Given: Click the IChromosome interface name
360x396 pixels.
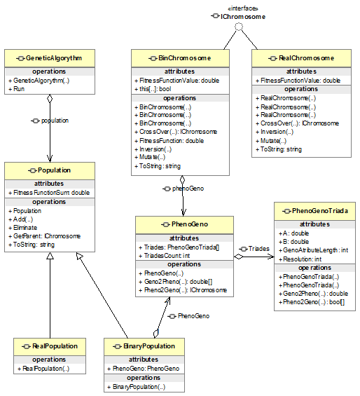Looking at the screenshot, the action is click(x=243, y=17).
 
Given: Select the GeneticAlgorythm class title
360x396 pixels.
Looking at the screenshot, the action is click(x=54, y=58).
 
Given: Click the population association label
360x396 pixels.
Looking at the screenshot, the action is click(x=55, y=121).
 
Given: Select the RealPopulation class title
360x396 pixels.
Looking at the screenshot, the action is click(x=55, y=346).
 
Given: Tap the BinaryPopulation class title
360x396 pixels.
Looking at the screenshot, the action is click(x=149, y=346).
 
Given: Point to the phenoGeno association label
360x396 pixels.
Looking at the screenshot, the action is click(x=188, y=189).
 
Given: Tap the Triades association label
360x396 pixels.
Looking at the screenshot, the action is click(x=258, y=249).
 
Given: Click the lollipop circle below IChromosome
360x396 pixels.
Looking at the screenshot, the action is click(x=239, y=27).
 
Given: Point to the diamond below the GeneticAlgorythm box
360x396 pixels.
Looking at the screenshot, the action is click(x=50, y=99).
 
